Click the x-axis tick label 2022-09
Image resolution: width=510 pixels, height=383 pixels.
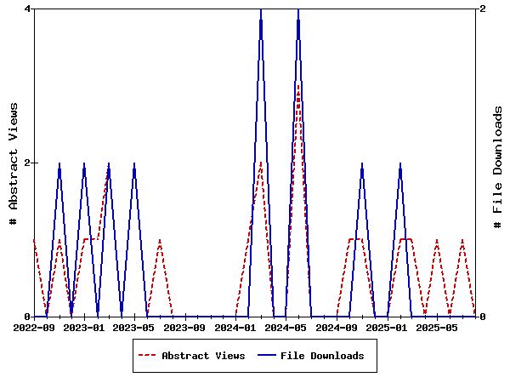point(34,327)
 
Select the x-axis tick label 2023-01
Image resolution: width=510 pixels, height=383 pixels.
point(84,327)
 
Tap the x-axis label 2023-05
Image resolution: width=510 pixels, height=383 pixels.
point(135,327)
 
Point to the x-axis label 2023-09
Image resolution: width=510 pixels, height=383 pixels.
point(185,327)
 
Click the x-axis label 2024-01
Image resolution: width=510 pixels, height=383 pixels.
point(236,327)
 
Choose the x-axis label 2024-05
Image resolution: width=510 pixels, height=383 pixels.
point(286,327)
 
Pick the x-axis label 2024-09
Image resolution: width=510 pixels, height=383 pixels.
point(337,327)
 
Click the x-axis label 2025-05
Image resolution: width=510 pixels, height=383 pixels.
point(439,327)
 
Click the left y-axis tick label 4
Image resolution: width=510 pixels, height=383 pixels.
point(28,9)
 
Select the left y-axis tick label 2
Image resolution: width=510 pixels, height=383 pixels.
point(28,163)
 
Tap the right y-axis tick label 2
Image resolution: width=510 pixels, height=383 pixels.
point(483,9)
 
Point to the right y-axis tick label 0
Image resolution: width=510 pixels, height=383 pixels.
point(483,317)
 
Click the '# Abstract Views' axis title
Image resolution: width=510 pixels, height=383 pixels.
point(13,162)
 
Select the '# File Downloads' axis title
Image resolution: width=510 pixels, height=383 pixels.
point(498,162)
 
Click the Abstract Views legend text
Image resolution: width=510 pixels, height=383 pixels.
point(203,356)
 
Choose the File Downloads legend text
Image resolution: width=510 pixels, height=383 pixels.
point(322,356)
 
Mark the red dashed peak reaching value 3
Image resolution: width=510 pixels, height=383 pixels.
point(298,86)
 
